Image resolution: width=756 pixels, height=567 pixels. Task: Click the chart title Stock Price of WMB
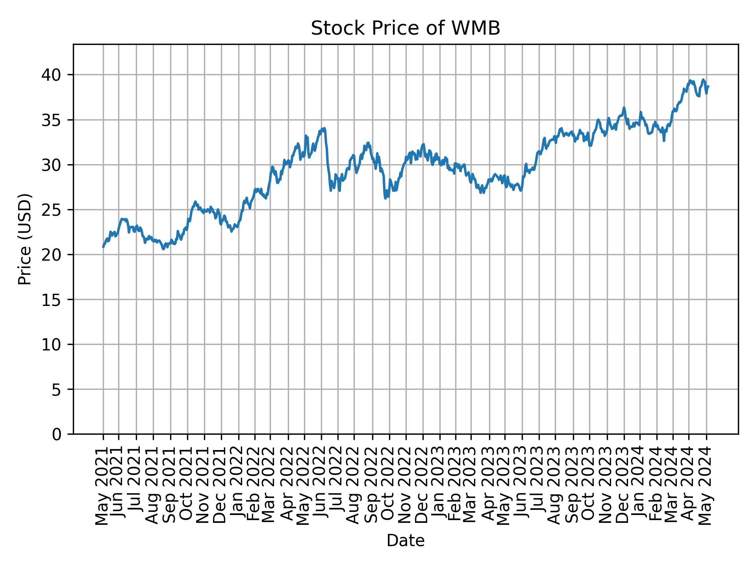pyautogui.click(x=405, y=29)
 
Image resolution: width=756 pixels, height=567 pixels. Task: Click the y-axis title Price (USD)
pyautogui.click(x=25, y=239)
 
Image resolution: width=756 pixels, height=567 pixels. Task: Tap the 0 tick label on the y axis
pyautogui.click(x=57, y=434)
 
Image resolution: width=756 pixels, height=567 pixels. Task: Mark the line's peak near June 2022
pyautogui.click(x=324, y=128)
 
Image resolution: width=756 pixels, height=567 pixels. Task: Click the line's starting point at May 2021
pyautogui.click(x=103, y=247)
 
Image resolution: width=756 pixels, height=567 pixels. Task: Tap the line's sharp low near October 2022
pyautogui.click(x=385, y=198)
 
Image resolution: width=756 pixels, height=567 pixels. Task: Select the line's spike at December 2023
pyautogui.click(x=624, y=107)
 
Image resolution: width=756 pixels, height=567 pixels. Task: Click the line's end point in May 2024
pyautogui.click(x=708, y=86)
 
